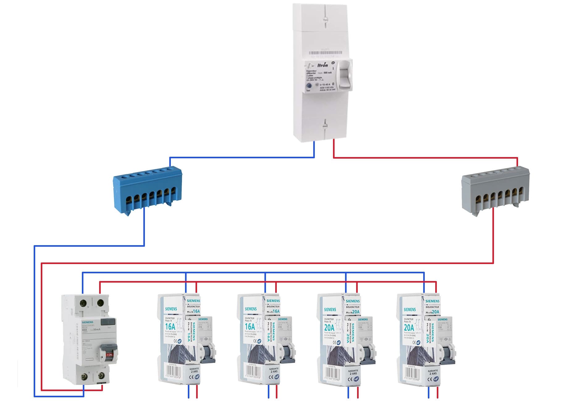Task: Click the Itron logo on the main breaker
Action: coord(322,65)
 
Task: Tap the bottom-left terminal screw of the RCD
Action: coord(84,377)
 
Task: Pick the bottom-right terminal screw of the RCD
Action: coord(100,377)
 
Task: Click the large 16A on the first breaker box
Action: coord(170,327)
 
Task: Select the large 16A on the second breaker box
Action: coord(250,327)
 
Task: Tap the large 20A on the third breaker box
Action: coord(329,327)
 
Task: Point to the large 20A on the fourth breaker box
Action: coord(409,327)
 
